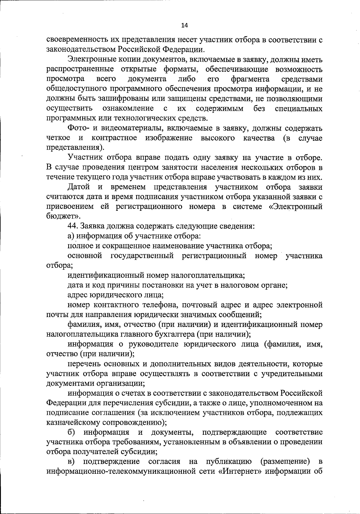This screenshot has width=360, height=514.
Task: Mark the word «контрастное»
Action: coord(114,138)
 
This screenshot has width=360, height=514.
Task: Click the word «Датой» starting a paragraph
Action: coord(79,187)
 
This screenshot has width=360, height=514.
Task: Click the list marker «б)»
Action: coord(71,432)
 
